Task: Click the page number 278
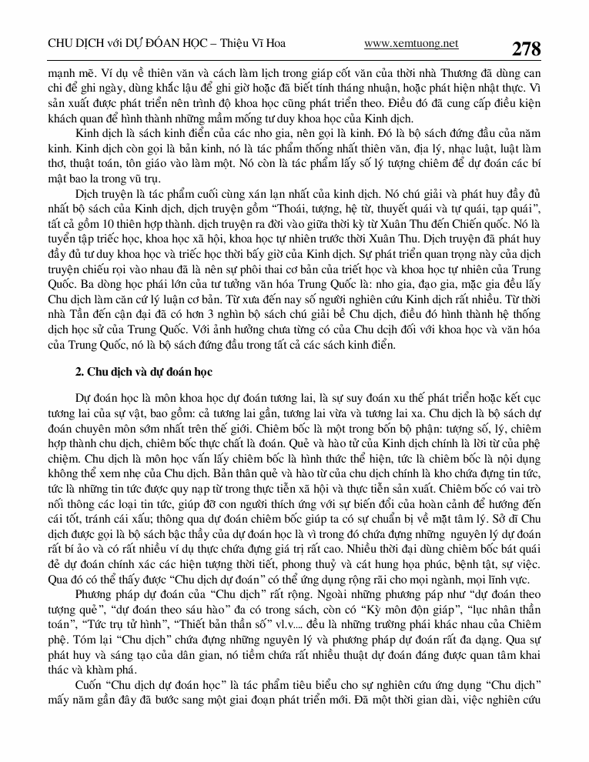click(x=526, y=48)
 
